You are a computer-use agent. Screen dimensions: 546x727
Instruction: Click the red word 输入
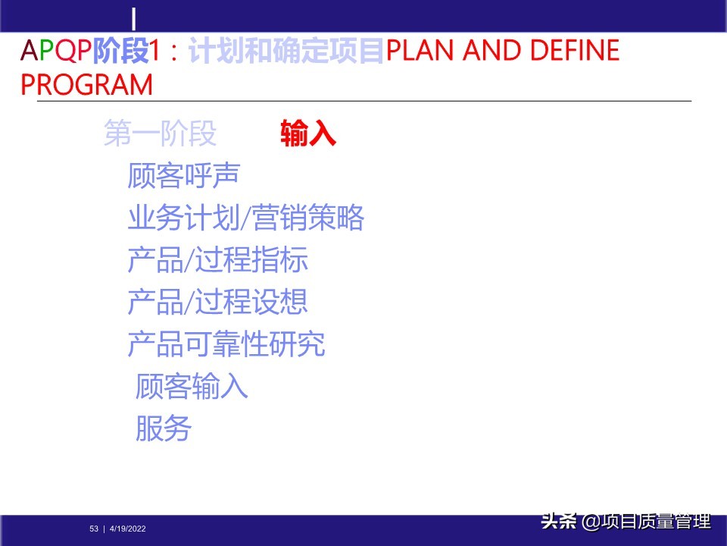pyautogui.click(x=307, y=133)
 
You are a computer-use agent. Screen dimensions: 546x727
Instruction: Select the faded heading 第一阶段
pyautogui.click(x=160, y=133)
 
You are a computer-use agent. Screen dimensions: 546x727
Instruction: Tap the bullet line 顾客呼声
pyautogui.click(x=183, y=176)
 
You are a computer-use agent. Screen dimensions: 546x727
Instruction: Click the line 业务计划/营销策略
pyautogui.click(x=246, y=218)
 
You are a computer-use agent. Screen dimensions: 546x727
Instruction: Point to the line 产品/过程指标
pyautogui.click(x=217, y=261)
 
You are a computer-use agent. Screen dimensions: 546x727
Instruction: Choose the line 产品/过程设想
pyautogui.click(x=217, y=303)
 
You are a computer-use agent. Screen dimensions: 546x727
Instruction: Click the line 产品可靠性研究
pyautogui.click(x=226, y=344)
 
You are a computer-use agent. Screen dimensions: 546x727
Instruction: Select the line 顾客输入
pyautogui.click(x=192, y=387)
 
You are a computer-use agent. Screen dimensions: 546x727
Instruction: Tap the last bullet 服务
pyautogui.click(x=164, y=428)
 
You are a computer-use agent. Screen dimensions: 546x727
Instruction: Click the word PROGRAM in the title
pyautogui.click(x=86, y=84)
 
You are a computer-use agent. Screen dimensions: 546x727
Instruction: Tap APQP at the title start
pyautogui.click(x=56, y=51)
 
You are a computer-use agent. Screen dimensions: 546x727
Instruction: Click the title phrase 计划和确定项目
pyautogui.click(x=286, y=51)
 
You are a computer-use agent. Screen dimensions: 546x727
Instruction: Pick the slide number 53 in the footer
pyautogui.click(x=94, y=529)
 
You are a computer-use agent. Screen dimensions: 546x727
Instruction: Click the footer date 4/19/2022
pyautogui.click(x=128, y=529)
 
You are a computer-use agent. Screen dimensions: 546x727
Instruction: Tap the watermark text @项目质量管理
pyautogui.click(x=647, y=522)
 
